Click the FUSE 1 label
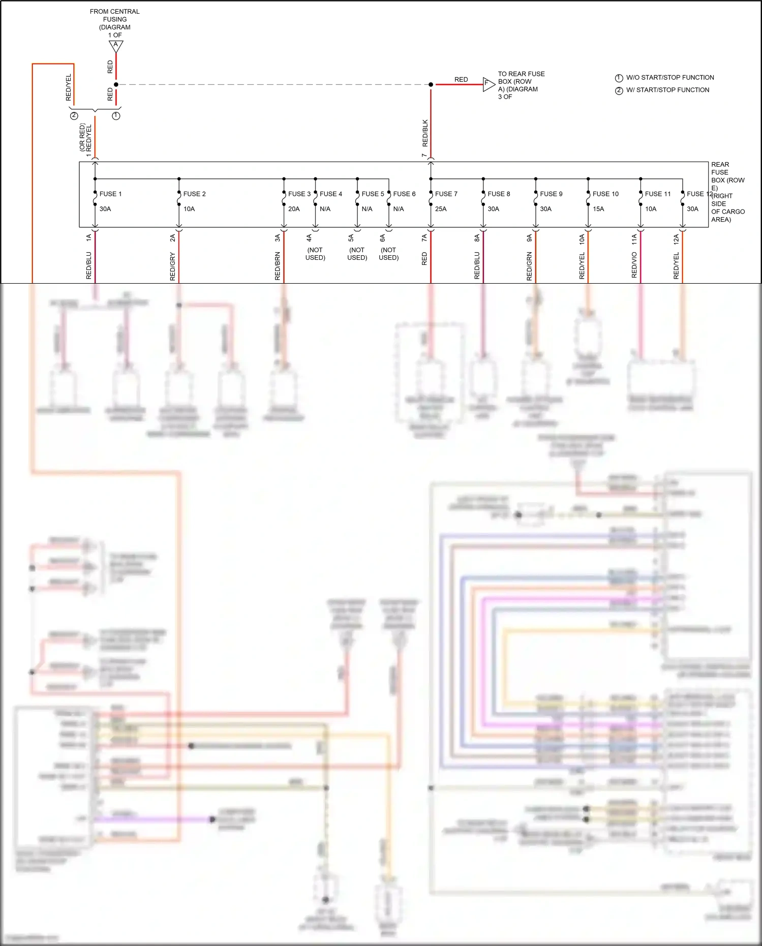110,194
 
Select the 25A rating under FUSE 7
441,209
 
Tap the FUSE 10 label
605,194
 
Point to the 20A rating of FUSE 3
294,209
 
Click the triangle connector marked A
116,46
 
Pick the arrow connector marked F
487,84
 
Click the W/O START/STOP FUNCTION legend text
669,78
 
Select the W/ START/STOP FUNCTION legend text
667,90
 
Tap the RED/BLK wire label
425,133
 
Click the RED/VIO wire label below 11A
634,265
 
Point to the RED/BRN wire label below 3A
278,266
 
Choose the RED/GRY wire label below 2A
172,267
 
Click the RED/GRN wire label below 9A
529,266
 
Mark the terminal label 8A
477,237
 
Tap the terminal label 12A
676,239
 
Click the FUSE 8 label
498,194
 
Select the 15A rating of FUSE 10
598,209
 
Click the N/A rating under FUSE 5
367,209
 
